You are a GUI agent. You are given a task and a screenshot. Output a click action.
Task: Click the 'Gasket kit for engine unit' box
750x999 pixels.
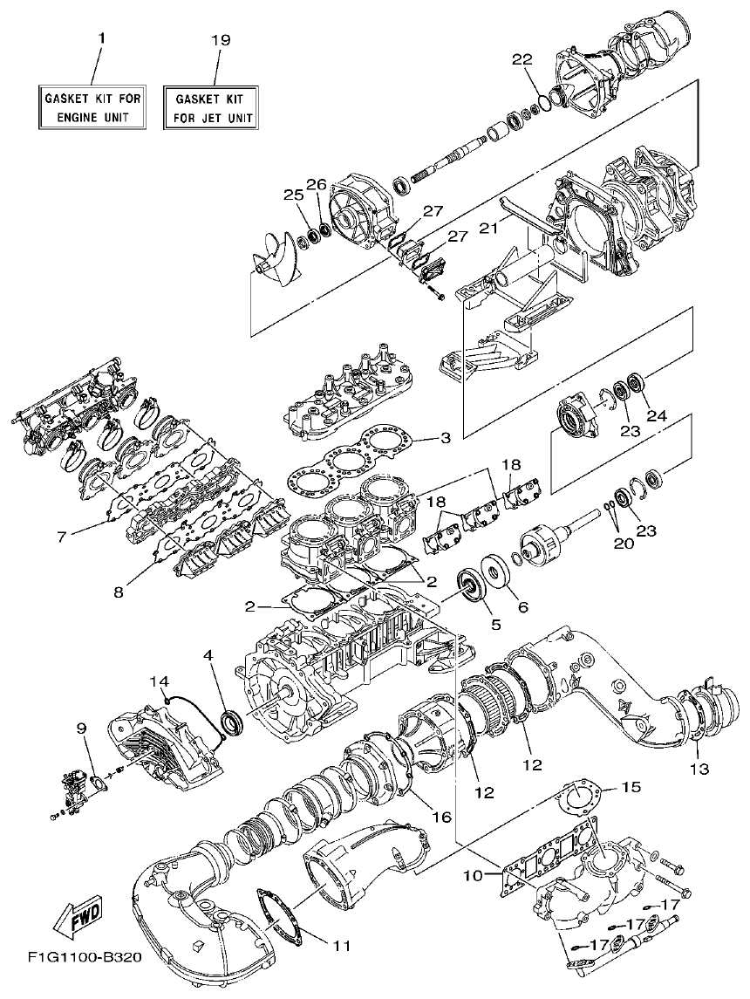pyautogui.click(x=92, y=106)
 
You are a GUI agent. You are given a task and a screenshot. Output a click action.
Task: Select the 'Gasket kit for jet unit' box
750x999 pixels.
pyautogui.click(x=213, y=107)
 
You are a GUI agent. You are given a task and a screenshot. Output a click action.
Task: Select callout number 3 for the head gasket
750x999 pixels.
pyautogui.click(x=445, y=437)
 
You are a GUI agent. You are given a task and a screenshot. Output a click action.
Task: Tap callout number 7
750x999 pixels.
pyautogui.click(x=62, y=537)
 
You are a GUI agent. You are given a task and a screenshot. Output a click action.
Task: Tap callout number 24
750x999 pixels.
pyautogui.click(x=657, y=416)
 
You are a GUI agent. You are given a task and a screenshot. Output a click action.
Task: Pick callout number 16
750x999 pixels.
pyautogui.click(x=441, y=817)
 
